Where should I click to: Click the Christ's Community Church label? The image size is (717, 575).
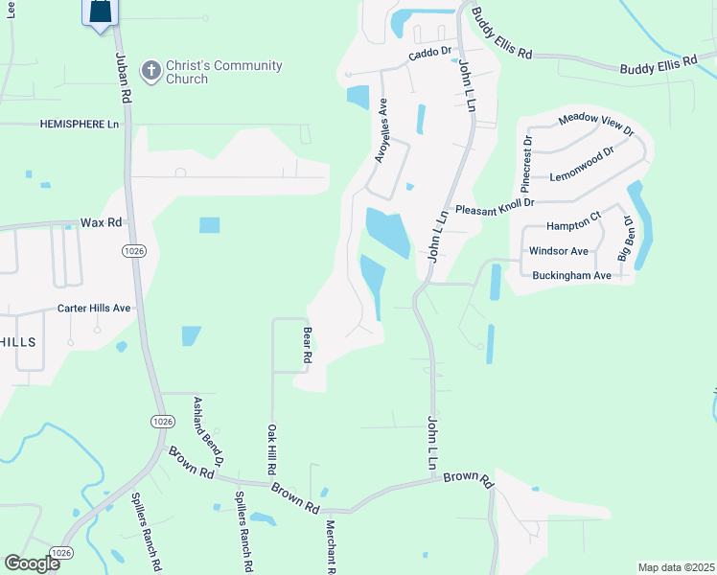pos(223,72)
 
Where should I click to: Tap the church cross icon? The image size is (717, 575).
pos(150,71)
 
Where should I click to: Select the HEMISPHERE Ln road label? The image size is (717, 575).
pos(80,125)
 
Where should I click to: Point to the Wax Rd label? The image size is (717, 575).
pos(101,222)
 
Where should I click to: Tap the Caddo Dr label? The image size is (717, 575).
pos(429,56)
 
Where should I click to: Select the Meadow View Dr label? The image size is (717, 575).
pos(596,122)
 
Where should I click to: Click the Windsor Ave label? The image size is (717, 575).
pos(559,251)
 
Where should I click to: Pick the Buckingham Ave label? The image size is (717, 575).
pos(571,276)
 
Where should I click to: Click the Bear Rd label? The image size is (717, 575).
pos(308,345)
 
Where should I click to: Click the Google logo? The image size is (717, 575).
pos(33,563)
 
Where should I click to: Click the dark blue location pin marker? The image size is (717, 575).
pos(101,13)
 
